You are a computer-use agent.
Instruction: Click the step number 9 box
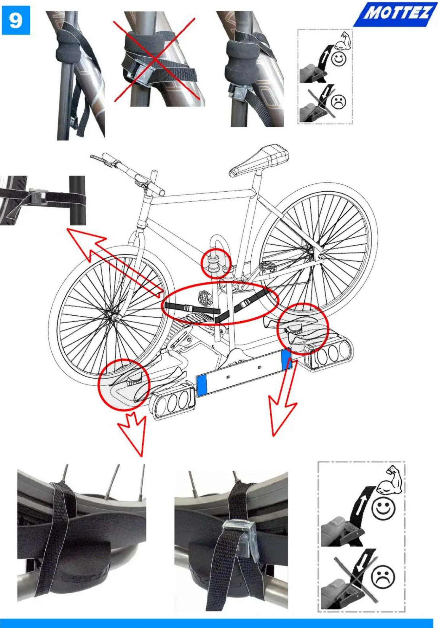click(16, 20)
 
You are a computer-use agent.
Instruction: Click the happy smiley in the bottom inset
click(383, 509)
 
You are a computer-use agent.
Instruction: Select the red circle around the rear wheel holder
click(303, 329)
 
